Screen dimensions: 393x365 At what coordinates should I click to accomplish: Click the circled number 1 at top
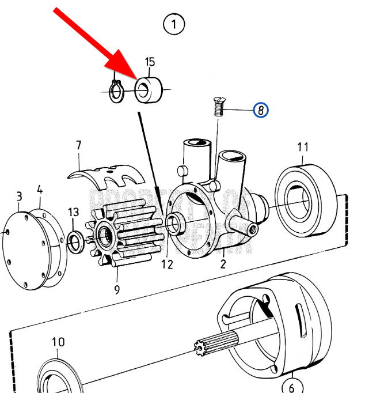174,24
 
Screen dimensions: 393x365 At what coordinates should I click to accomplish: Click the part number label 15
150,62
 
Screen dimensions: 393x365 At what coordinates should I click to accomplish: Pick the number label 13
73,212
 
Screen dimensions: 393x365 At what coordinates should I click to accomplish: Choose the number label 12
166,264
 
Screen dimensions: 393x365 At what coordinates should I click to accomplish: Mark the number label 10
59,342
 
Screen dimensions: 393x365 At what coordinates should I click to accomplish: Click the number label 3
18,197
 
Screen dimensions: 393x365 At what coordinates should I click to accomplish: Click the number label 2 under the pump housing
223,264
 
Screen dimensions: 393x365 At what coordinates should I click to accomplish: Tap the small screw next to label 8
218,107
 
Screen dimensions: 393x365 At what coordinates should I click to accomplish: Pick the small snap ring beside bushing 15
117,92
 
